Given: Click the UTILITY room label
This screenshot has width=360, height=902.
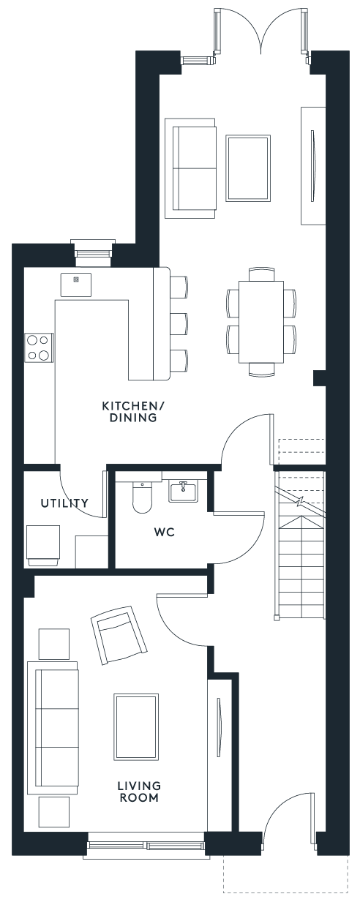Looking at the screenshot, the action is click(64, 503).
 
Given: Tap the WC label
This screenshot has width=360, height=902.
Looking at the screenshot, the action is click(165, 532).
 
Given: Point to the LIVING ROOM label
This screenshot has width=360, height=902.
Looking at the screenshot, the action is click(139, 792).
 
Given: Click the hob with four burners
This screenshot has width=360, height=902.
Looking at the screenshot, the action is click(39, 347).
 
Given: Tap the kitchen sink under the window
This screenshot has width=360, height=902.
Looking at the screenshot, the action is click(75, 285).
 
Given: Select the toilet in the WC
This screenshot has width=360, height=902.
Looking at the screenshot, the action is click(142, 497).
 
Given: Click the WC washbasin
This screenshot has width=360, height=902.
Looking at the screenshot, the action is click(183, 492).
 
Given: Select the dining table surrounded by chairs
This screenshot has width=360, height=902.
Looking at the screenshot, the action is click(261, 322).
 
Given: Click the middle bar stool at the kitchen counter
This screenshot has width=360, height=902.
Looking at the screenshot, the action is click(179, 324).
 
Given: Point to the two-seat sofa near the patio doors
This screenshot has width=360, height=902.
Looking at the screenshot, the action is click(190, 168).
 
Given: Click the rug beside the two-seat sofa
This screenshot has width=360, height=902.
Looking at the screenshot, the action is click(247, 168).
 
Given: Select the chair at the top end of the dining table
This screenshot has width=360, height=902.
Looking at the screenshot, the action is click(262, 274).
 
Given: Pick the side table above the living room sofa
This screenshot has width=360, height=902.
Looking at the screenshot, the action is click(54, 644).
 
